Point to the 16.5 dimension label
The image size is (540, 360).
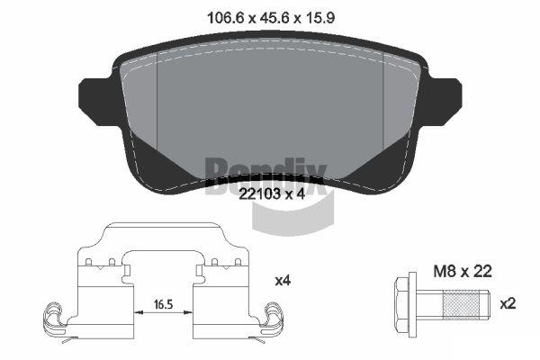coord(163,304)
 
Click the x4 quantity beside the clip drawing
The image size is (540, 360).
coord(283,281)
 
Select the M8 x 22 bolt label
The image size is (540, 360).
coord(463,272)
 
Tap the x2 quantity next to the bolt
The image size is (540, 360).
coord(508,304)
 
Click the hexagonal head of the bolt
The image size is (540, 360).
coord(400,304)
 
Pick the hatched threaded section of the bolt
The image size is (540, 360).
coord(461,304)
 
